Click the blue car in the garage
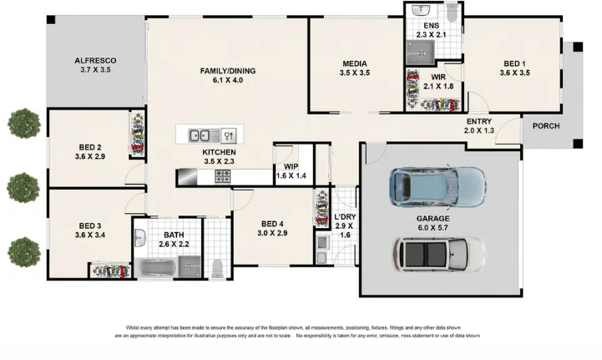pyautogui.click(x=438, y=187)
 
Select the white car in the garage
pyautogui.click(x=439, y=255)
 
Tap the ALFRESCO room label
pyautogui.click(x=95, y=61)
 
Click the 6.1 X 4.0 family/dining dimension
pyautogui.click(x=228, y=80)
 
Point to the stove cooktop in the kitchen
pyautogui.click(x=223, y=176)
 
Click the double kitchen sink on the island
pyautogui.click(x=204, y=135)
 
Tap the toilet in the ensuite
pyautogui.click(x=453, y=13)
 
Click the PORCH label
pyautogui.click(x=546, y=126)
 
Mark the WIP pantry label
pyautogui.click(x=291, y=167)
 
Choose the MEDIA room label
pyautogui.click(x=355, y=63)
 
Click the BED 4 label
pyautogui.click(x=272, y=224)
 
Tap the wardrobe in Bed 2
pyautogui.click(x=137, y=134)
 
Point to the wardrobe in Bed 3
pyautogui.click(x=110, y=271)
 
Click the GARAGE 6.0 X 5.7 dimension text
pyautogui.click(x=433, y=228)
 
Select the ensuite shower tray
pyautogui.click(x=421, y=53)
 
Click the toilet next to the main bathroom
pyautogui.click(x=217, y=268)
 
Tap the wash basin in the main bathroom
pyautogui.click(x=140, y=238)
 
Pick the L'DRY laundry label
pyautogui.click(x=345, y=216)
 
